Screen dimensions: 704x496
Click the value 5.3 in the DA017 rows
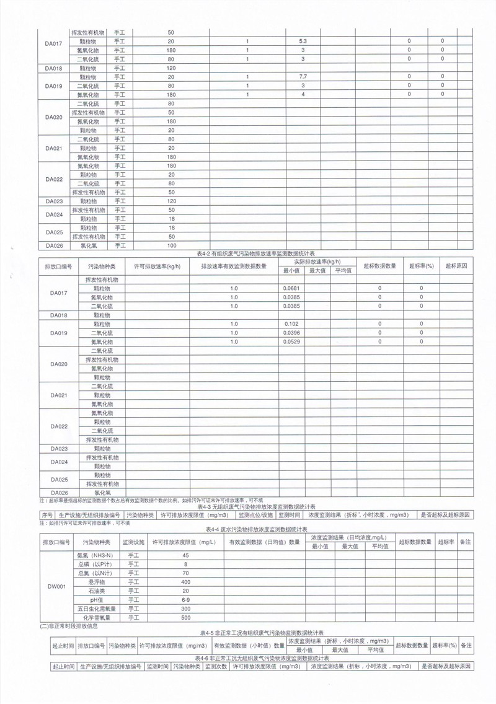point(303,41)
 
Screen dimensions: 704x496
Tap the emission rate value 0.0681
point(291,289)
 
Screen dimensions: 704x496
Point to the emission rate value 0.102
point(290,324)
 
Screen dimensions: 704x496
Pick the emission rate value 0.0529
point(291,342)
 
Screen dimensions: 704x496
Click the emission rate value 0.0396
point(291,333)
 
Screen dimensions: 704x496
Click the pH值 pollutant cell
point(95,600)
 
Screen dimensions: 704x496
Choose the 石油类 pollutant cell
point(95,591)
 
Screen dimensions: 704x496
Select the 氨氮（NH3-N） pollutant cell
point(95,555)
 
